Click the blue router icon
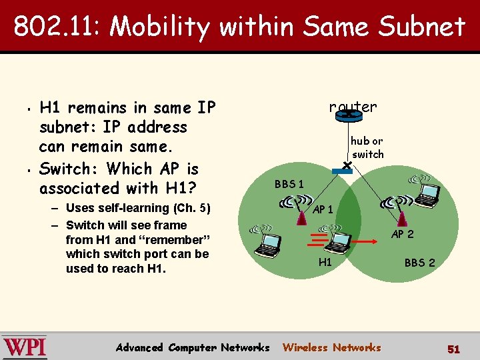click(348, 115)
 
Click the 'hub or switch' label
click(367, 147)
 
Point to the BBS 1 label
click(289, 184)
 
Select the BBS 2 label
click(419, 263)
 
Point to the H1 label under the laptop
click(325, 262)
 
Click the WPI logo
click(25, 347)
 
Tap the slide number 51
click(453, 349)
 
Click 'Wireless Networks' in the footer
click(331, 347)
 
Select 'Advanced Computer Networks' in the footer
click(193, 347)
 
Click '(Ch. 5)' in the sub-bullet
click(189, 209)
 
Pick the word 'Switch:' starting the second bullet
click(70, 168)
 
